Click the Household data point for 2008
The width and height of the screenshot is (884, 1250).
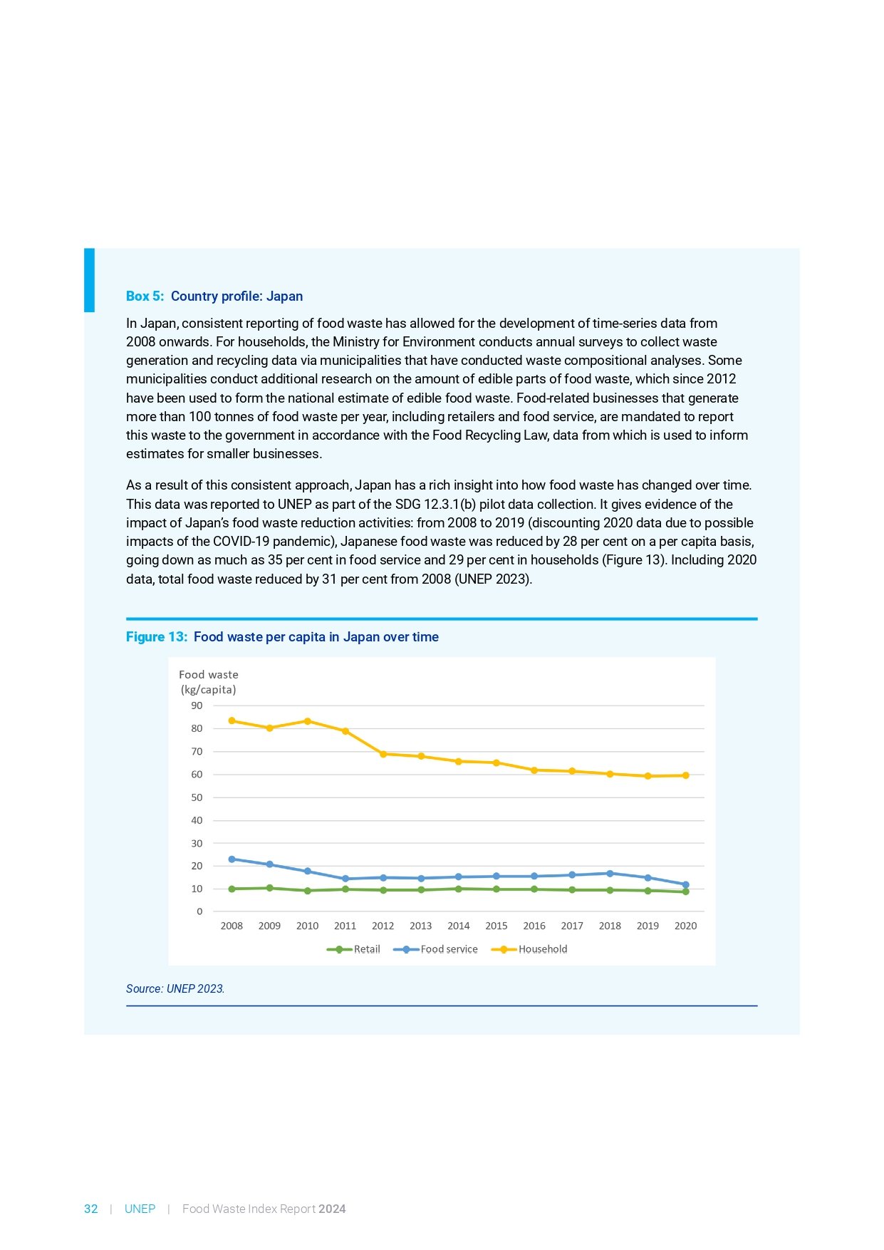pyautogui.click(x=232, y=720)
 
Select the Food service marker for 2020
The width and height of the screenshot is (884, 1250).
pyautogui.click(x=685, y=884)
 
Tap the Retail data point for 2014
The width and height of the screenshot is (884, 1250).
pyautogui.click(x=459, y=889)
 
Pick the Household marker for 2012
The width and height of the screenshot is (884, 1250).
pyautogui.click(x=383, y=754)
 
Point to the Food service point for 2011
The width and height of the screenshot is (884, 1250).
pyautogui.click(x=345, y=879)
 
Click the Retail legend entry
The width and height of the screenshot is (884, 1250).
pyautogui.click(x=354, y=949)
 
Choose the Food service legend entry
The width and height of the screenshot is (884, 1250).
pyautogui.click(x=436, y=949)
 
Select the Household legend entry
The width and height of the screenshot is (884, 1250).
pyautogui.click(x=530, y=949)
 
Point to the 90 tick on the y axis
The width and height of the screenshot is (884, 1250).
pyautogui.click(x=197, y=706)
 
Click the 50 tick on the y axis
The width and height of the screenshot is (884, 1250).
pyautogui.click(x=197, y=797)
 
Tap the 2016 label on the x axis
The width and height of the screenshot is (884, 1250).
pyautogui.click(x=534, y=926)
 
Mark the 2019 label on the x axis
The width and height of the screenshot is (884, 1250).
pyautogui.click(x=648, y=926)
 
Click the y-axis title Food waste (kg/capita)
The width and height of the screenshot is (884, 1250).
pyautogui.click(x=208, y=682)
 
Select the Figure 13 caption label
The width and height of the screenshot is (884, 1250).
pyautogui.click(x=156, y=636)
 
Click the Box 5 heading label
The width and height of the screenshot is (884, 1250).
pyautogui.click(x=145, y=296)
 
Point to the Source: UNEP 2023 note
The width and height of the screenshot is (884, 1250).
pyautogui.click(x=175, y=988)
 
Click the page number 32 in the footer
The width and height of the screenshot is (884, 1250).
pyautogui.click(x=91, y=1209)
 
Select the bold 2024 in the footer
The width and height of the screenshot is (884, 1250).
pyautogui.click(x=332, y=1209)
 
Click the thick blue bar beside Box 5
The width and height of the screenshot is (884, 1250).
pyautogui.click(x=89, y=279)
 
